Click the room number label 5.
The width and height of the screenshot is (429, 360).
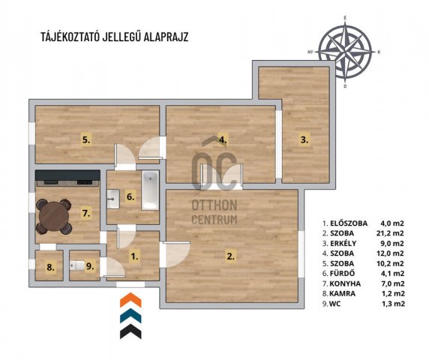pos(86,139)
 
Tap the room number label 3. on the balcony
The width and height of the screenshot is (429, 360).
pos(304,139)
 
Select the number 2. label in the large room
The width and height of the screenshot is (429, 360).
pos(230,256)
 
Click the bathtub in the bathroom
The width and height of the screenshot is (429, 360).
pos(150,190)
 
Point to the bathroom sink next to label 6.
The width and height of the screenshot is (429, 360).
pos(113,199)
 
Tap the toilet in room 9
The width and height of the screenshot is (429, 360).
pos(77,265)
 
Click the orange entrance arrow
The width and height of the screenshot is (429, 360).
pos(130,300)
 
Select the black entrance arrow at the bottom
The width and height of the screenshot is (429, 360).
pos(130,331)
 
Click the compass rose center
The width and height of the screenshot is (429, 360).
pos(345,51)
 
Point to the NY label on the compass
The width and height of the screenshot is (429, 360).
pos(310,52)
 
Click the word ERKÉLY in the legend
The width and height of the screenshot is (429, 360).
pos(343,244)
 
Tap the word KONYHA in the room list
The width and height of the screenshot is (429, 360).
pos(345,283)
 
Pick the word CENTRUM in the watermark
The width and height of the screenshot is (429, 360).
pos(214,220)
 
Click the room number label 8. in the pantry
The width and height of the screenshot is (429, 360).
pos(50,267)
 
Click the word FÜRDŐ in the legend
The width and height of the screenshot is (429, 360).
pos(342,273)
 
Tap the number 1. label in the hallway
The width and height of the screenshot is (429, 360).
pos(134,256)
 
